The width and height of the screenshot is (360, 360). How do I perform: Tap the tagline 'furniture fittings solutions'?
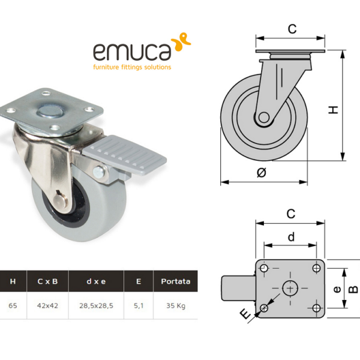132,67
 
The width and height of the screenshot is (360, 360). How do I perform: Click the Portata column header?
176,281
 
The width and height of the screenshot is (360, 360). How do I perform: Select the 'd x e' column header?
96,281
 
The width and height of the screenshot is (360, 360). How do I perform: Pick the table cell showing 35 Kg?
176,306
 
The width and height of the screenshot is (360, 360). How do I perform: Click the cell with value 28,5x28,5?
96,306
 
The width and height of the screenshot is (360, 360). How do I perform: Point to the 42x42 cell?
47,306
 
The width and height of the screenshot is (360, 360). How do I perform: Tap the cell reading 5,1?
139,306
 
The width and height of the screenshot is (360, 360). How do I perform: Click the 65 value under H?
13,306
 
